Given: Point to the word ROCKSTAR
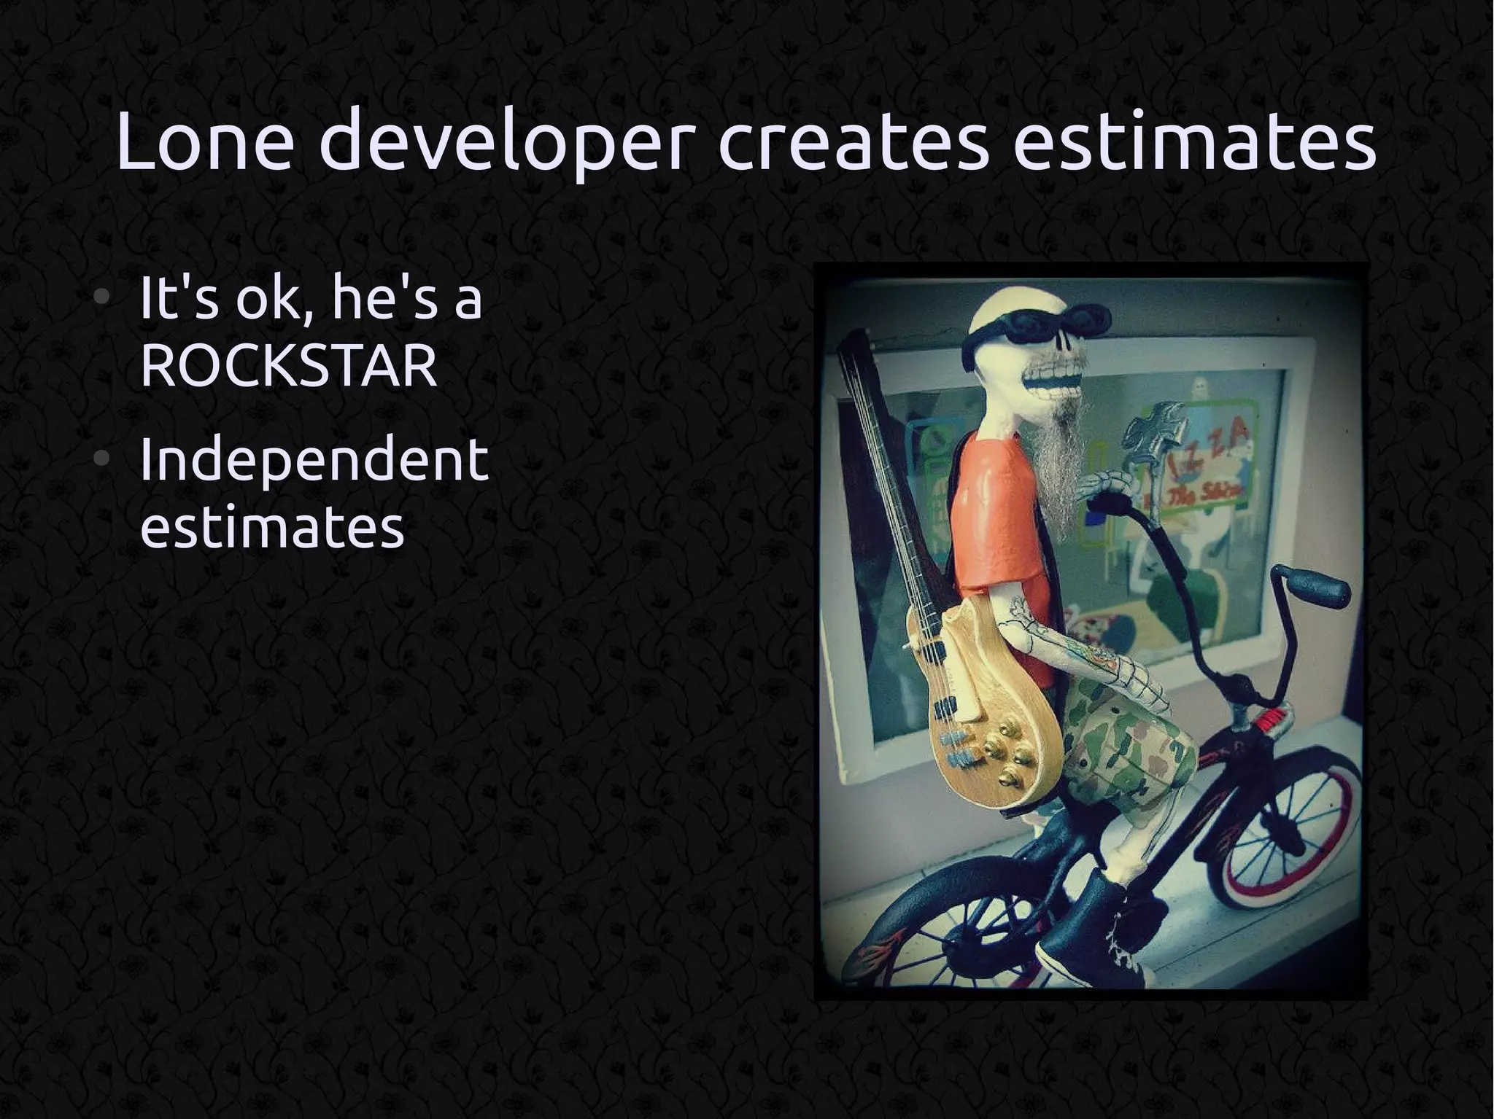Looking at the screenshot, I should [x=288, y=366].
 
